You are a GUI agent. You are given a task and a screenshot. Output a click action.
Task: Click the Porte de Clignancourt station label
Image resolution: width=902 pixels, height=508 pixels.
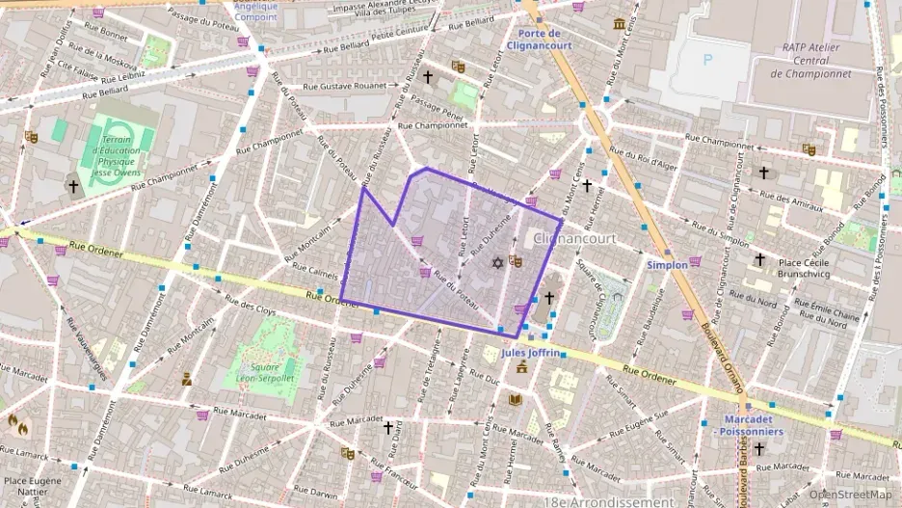540,40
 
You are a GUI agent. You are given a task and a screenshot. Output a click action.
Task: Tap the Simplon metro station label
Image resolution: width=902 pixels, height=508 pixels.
667,264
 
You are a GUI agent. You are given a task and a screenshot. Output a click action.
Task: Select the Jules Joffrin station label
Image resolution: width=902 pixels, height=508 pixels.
531,353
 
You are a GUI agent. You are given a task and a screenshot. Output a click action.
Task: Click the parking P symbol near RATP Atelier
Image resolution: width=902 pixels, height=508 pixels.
710,60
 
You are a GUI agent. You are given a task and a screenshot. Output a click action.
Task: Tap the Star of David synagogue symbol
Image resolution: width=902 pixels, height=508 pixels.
497,263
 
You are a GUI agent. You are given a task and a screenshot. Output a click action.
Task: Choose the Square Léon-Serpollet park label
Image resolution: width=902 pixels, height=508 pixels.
258,372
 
